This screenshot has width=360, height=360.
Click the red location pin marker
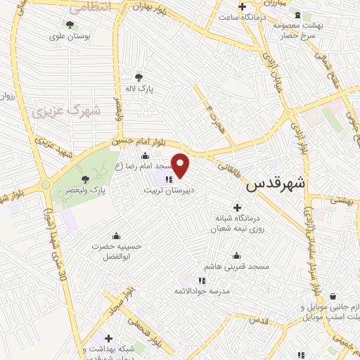click(x=181, y=165)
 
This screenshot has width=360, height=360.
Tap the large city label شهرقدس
click(x=276, y=184)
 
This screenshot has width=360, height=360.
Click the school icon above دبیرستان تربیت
click(x=168, y=179)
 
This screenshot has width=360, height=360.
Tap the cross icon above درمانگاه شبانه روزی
click(x=237, y=207)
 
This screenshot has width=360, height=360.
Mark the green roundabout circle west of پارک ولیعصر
click(x=46, y=186)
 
